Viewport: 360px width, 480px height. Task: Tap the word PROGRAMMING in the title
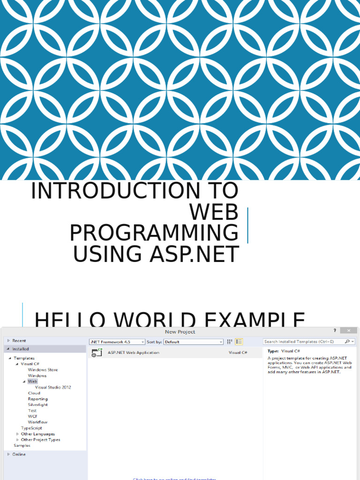(x=154, y=233)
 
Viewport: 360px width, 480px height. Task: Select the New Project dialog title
(x=180, y=332)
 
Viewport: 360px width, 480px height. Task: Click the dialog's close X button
(x=349, y=331)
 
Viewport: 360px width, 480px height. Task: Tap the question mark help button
(x=335, y=331)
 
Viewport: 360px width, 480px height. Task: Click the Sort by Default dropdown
(x=193, y=342)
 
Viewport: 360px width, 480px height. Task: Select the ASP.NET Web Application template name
(x=134, y=352)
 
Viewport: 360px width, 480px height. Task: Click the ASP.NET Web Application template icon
(x=97, y=353)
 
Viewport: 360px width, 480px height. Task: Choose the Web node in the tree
(x=32, y=382)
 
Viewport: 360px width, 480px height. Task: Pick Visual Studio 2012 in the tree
(x=53, y=388)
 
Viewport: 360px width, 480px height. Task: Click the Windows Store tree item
(x=43, y=370)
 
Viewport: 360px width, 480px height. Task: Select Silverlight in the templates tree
(x=37, y=405)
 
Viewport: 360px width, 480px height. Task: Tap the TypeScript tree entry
(x=31, y=428)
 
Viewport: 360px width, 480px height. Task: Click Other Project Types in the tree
(x=40, y=440)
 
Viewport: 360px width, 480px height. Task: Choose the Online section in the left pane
(x=19, y=454)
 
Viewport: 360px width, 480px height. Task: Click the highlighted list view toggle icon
(x=239, y=342)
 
